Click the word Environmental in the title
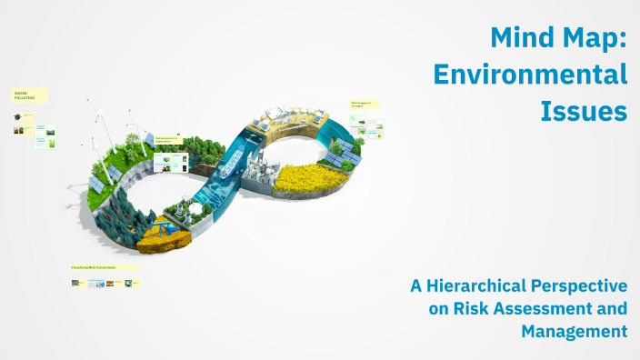(x=530, y=75)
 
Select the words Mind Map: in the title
(x=557, y=37)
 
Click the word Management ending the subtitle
(x=574, y=332)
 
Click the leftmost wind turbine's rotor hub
(x=99, y=115)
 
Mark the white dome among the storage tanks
(x=194, y=209)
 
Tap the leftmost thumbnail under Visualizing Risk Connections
(x=77, y=283)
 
